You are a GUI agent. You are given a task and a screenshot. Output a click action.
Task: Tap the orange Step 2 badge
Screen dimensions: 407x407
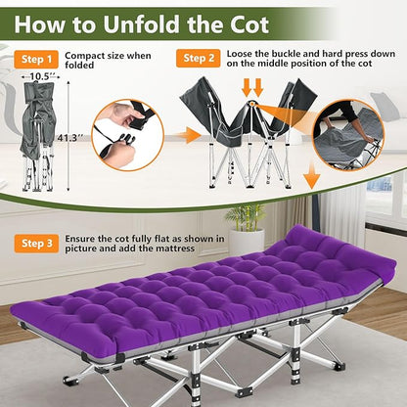(x=198, y=59)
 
